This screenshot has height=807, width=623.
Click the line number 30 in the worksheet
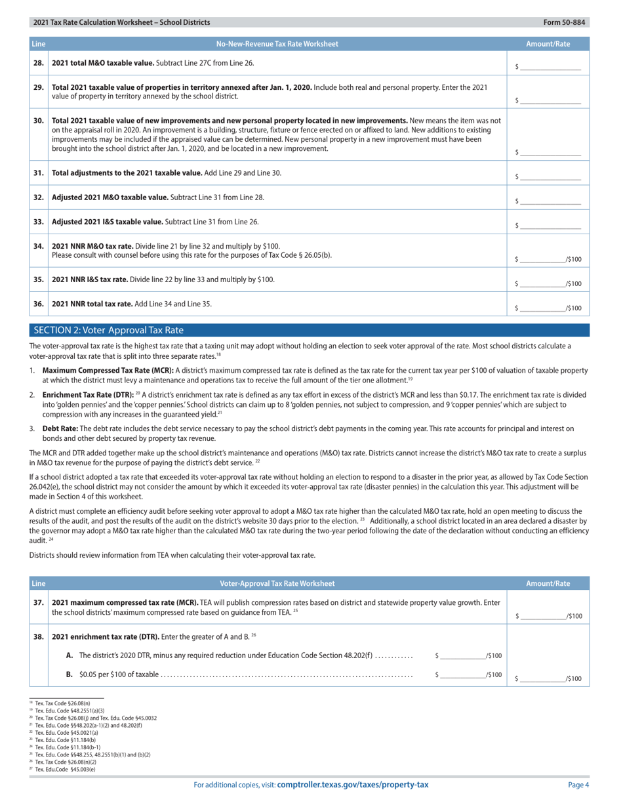pos(39,121)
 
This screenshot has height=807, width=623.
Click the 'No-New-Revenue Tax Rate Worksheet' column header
pos(277,44)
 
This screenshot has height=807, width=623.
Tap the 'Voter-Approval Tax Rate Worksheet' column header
pos(277,583)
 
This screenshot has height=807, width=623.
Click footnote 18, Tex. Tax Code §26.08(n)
pos(62,703)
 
